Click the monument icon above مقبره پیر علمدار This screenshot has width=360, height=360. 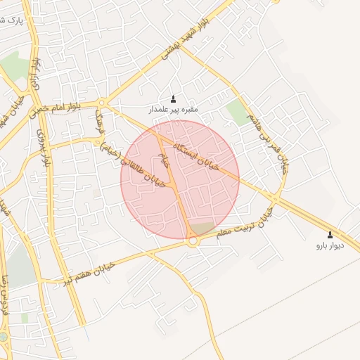pos(174,98)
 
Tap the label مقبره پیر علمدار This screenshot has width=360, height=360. pos(173,110)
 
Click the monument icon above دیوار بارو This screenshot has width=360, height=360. pos(330,235)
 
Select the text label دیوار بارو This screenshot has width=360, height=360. pos(330,246)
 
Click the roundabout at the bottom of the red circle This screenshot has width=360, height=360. pos(191,241)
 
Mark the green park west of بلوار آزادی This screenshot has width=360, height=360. pos(14,67)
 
